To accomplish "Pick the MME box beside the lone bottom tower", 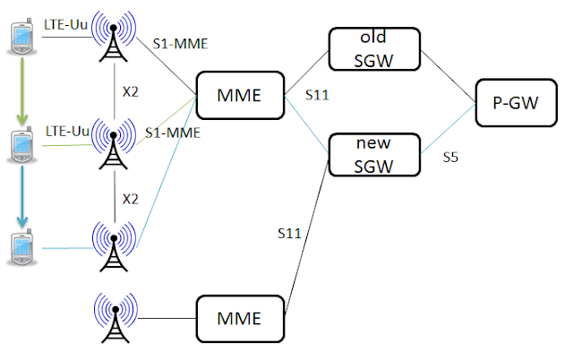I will (239, 318).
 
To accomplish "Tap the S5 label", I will (450, 158).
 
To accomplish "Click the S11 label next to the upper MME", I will (317, 94).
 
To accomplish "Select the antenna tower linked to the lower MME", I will (113, 320).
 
